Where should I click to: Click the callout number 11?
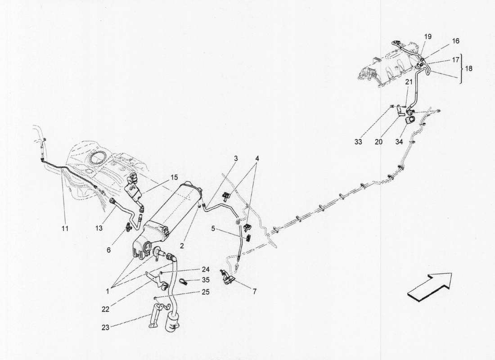(x=65, y=229)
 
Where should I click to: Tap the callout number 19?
(x=427, y=36)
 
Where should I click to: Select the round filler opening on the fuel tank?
(x=96, y=158)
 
